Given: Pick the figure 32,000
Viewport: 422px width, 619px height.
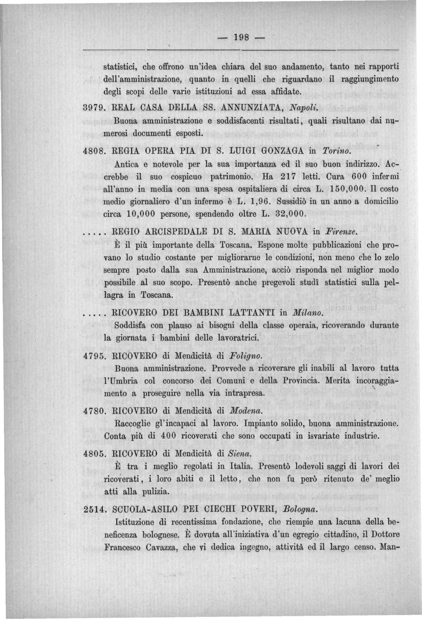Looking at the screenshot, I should pyautogui.click(x=290, y=215).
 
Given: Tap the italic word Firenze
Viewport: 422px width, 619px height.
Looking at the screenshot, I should pyautogui.click(x=344, y=233).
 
